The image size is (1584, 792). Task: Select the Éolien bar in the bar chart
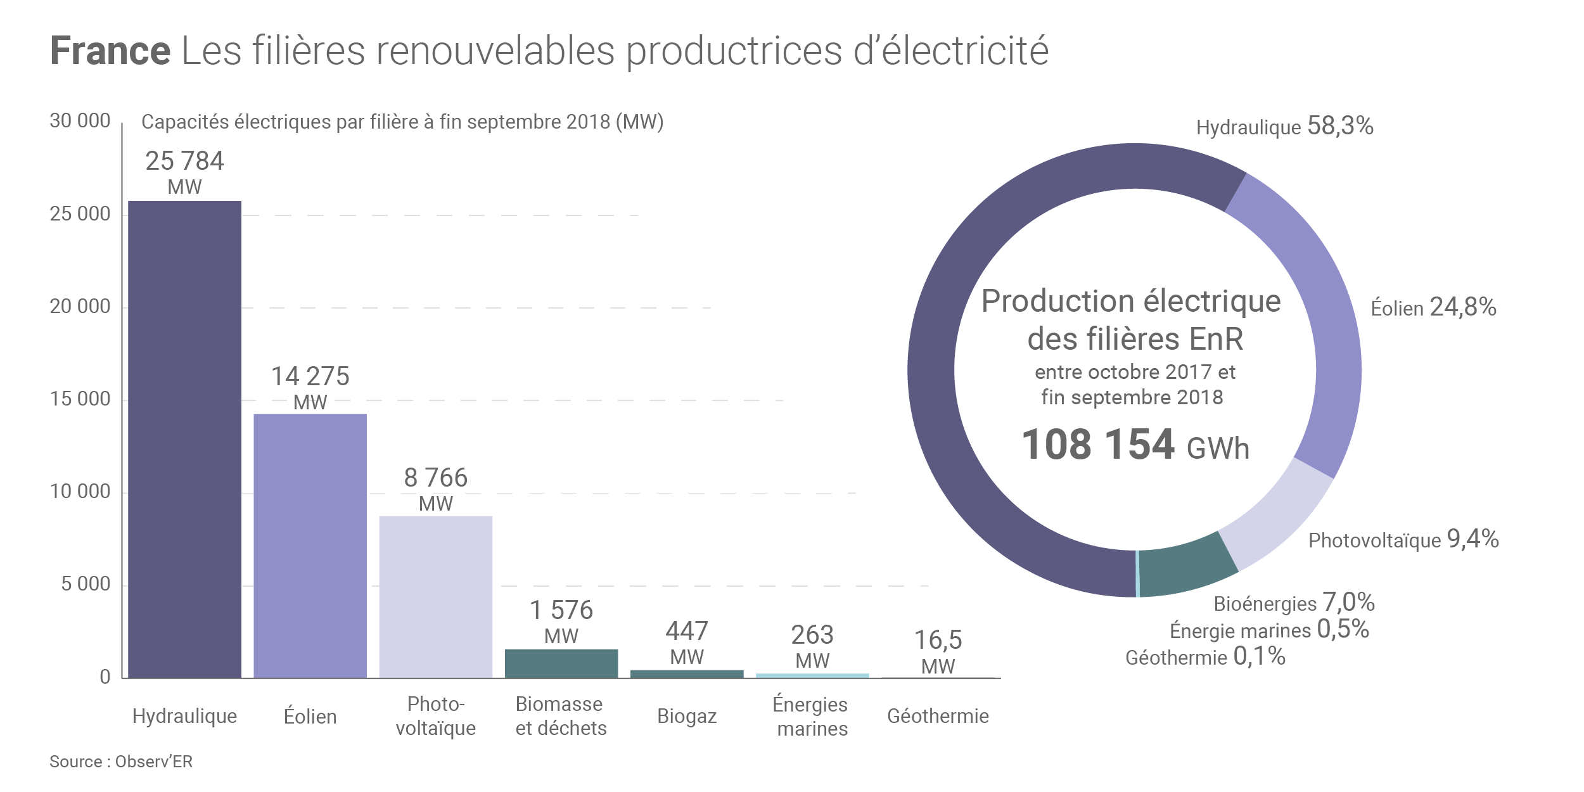pyautogui.click(x=310, y=546)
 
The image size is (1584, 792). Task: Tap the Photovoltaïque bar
pyautogui.click(x=435, y=596)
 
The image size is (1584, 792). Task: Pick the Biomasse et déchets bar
pyautogui.click(x=561, y=663)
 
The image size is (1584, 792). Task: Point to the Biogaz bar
pyautogui.click(x=686, y=674)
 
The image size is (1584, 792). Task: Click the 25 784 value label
pyautogui.click(x=184, y=161)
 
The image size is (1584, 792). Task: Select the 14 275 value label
pyautogui.click(x=310, y=376)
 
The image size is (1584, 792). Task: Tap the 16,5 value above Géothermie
pyautogui.click(x=938, y=640)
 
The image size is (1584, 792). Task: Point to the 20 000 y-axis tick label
pyautogui.click(x=80, y=307)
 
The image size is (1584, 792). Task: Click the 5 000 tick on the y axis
pyautogui.click(x=86, y=584)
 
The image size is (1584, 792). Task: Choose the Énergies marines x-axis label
pyautogui.click(x=812, y=716)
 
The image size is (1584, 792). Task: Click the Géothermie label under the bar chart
pyautogui.click(x=938, y=716)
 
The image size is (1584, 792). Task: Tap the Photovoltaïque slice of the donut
pyautogui.click(x=1274, y=516)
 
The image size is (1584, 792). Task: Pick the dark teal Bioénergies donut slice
pyautogui.click(x=1185, y=567)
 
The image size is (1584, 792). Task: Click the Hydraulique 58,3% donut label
pyautogui.click(x=1284, y=127)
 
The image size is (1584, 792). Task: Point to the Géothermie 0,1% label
pyautogui.click(x=1205, y=657)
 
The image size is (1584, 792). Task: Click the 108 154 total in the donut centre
pyautogui.click(x=1097, y=444)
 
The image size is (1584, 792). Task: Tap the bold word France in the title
pyautogui.click(x=110, y=51)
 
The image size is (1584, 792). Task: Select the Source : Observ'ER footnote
pyautogui.click(x=121, y=762)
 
